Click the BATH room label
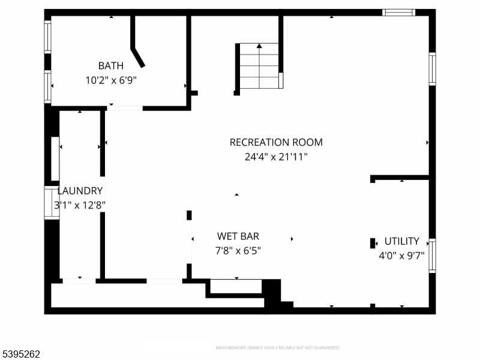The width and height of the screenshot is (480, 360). pos(111,65)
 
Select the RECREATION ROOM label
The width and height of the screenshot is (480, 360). pos(276,142)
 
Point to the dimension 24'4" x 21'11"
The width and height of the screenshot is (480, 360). pos(276,157)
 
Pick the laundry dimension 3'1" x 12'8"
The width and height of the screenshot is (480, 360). pos(80,205)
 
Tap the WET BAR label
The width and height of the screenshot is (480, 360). pos(238,236)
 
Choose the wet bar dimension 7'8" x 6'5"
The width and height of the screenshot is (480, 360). pos(238,250)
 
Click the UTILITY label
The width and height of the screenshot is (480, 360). pos(401,241)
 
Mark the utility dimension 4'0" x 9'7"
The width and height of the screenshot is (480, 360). pos(401,255)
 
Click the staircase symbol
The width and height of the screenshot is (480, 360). pos(259,66)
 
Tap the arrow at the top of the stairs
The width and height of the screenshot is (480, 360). pos(259,46)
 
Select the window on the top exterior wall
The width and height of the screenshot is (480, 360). pos(399,12)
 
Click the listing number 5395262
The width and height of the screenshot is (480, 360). pos(21,354)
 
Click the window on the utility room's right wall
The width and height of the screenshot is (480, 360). pos(432,256)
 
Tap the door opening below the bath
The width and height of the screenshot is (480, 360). pos(125,108)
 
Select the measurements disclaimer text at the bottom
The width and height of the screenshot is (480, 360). pos(278,348)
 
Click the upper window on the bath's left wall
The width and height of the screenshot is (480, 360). pos(47,37)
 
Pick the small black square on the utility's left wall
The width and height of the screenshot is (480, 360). pos(373,243)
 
